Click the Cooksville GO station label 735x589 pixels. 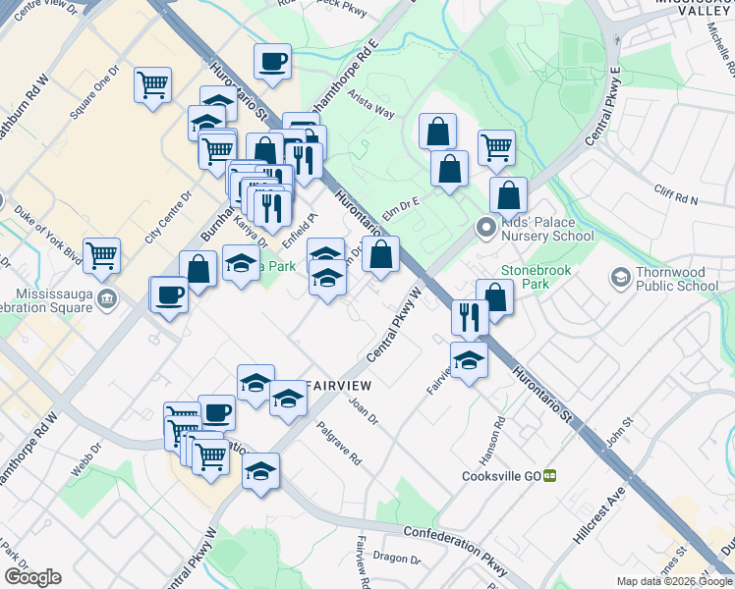pos(501,475)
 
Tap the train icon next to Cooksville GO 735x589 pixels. pos(550,475)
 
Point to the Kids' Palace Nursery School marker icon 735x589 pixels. pos(485,229)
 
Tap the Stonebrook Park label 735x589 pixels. pos(536,275)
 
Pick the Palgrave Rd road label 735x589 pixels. pos(339,444)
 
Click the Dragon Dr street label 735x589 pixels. pos(402,560)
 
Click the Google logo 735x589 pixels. pos(32,577)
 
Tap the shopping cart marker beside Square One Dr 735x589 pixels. pos(153,86)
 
